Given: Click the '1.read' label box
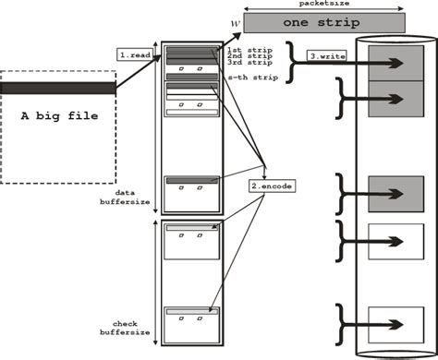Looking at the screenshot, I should pyautogui.click(x=135, y=54).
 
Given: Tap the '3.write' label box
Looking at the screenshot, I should pyautogui.click(x=328, y=56).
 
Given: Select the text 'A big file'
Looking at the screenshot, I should pyautogui.click(x=58, y=116).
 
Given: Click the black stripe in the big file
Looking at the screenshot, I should pyautogui.click(x=58, y=88).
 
